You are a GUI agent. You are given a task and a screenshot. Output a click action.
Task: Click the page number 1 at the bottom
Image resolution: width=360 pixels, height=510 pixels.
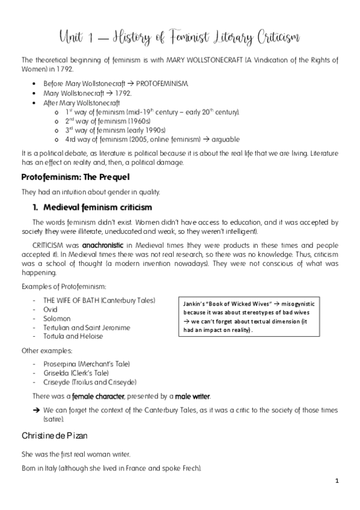[x=338, y=481]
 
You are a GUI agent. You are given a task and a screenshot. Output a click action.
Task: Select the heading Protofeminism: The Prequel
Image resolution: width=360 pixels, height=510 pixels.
[x=75, y=179]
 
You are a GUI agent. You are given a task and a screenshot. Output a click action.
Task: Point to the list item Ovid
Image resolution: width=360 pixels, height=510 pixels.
[x=50, y=309]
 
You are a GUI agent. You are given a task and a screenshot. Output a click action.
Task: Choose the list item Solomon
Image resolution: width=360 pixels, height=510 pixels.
[x=56, y=318]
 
